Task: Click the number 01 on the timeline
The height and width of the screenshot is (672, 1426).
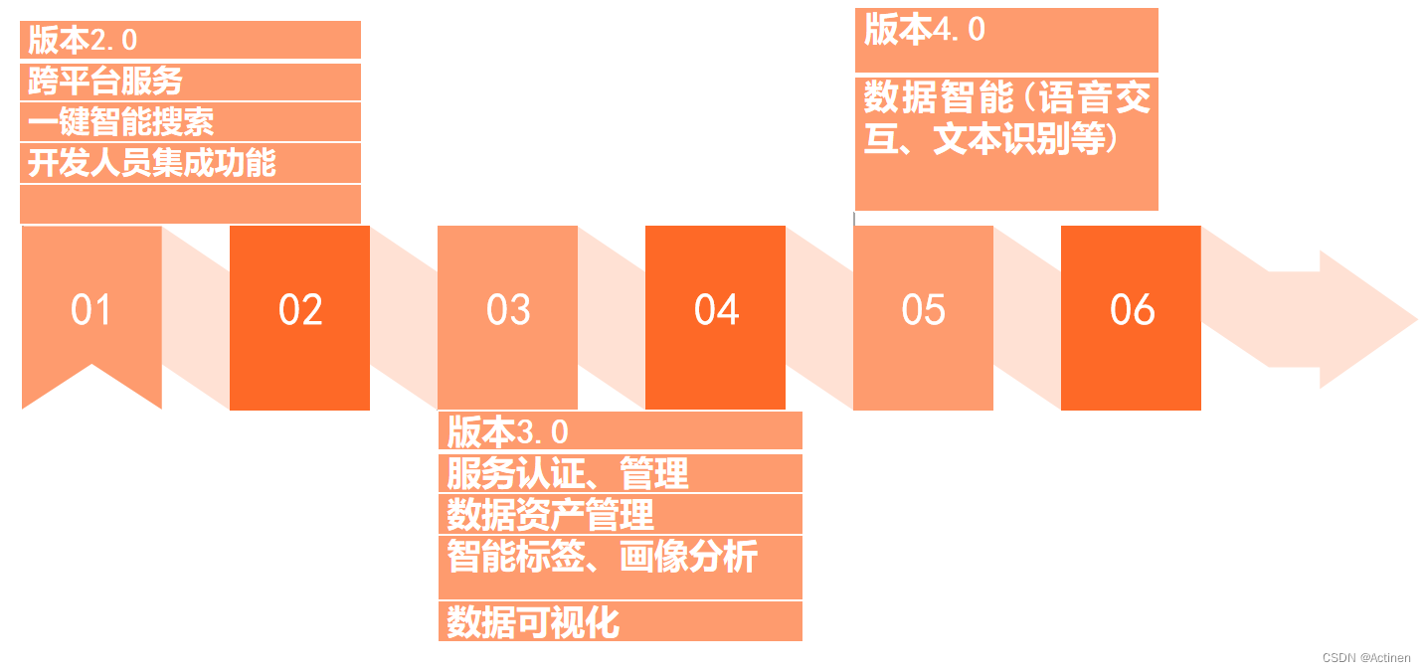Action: click(90, 310)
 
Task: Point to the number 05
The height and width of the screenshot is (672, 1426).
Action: click(923, 310)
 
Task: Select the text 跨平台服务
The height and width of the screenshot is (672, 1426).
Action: click(104, 81)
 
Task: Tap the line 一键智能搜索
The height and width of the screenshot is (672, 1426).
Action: click(120, 121)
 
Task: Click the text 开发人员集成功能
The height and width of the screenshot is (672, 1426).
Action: click(151, 162)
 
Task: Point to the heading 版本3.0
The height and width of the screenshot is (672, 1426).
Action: click(507, 432)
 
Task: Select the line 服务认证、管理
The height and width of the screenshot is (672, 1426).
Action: click(568, 473)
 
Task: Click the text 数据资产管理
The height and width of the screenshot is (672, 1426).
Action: click(550, 514)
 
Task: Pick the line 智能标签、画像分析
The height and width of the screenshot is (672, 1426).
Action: click(602, 556)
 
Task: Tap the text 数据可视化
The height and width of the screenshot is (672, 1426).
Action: click(533, 622)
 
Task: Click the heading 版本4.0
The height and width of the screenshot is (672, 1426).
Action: click(925, 30)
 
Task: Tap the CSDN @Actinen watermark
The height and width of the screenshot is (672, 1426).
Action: click(1365, 658)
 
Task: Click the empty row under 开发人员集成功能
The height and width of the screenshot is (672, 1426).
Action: click(190, 204)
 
